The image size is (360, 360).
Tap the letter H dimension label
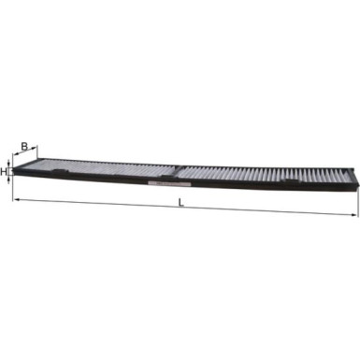[x=5, y=172]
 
